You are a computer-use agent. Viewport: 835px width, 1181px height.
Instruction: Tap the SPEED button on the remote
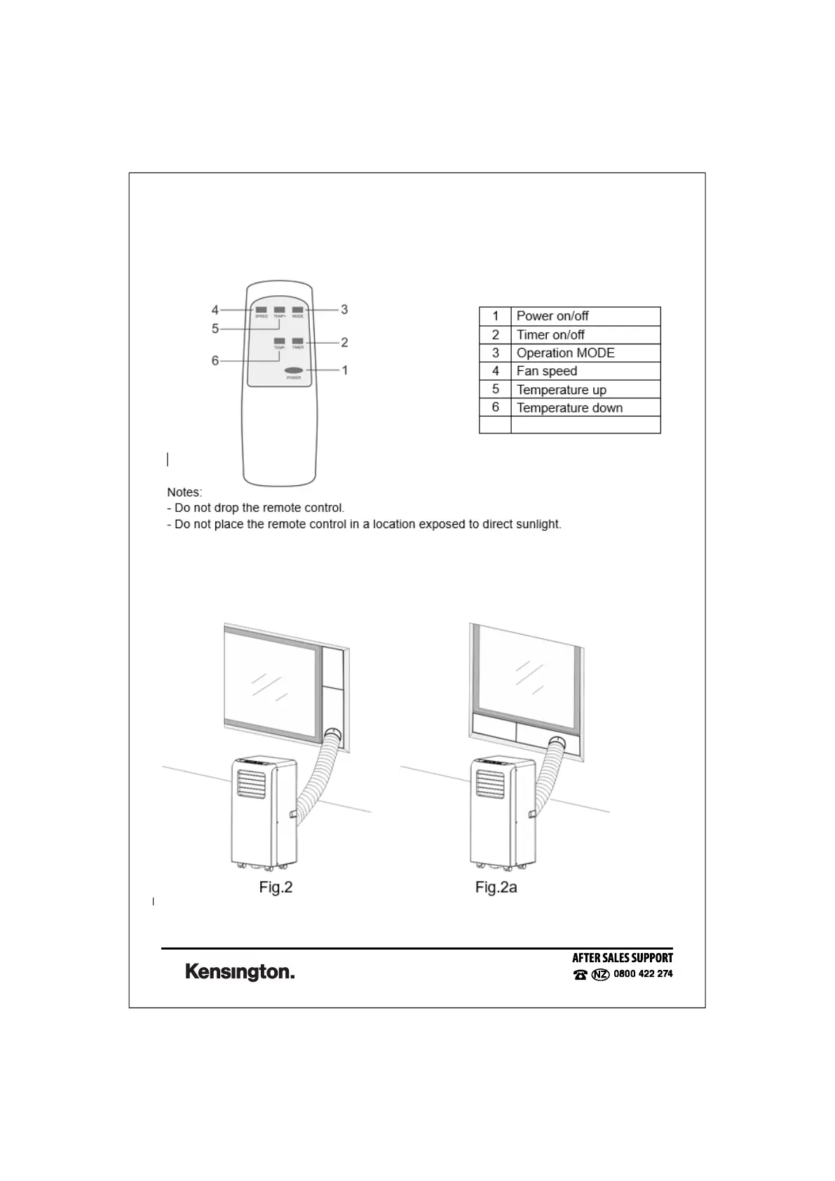pos(261,309)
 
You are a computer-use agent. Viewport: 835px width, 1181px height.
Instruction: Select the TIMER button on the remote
pos(298,341)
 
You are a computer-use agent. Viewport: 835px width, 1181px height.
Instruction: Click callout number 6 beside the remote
pos(215,360)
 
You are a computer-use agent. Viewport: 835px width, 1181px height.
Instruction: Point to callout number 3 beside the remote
pos(344,309)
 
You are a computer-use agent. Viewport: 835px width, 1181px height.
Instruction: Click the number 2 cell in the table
pos(496,335)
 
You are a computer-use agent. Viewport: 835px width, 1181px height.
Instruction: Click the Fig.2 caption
pos(276,887)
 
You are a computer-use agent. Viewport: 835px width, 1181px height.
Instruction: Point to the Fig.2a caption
pos(496,887)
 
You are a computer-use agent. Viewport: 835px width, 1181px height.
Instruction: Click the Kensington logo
pos(240,972)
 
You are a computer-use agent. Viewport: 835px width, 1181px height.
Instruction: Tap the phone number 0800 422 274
pos(643,974)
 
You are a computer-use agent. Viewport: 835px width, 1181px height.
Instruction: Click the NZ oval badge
pos(601,975)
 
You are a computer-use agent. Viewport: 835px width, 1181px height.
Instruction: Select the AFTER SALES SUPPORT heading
pos(623,958)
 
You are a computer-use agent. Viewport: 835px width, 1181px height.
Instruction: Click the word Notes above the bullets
pos(184,492)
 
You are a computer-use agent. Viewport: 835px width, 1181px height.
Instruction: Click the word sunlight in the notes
pos(536,524)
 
